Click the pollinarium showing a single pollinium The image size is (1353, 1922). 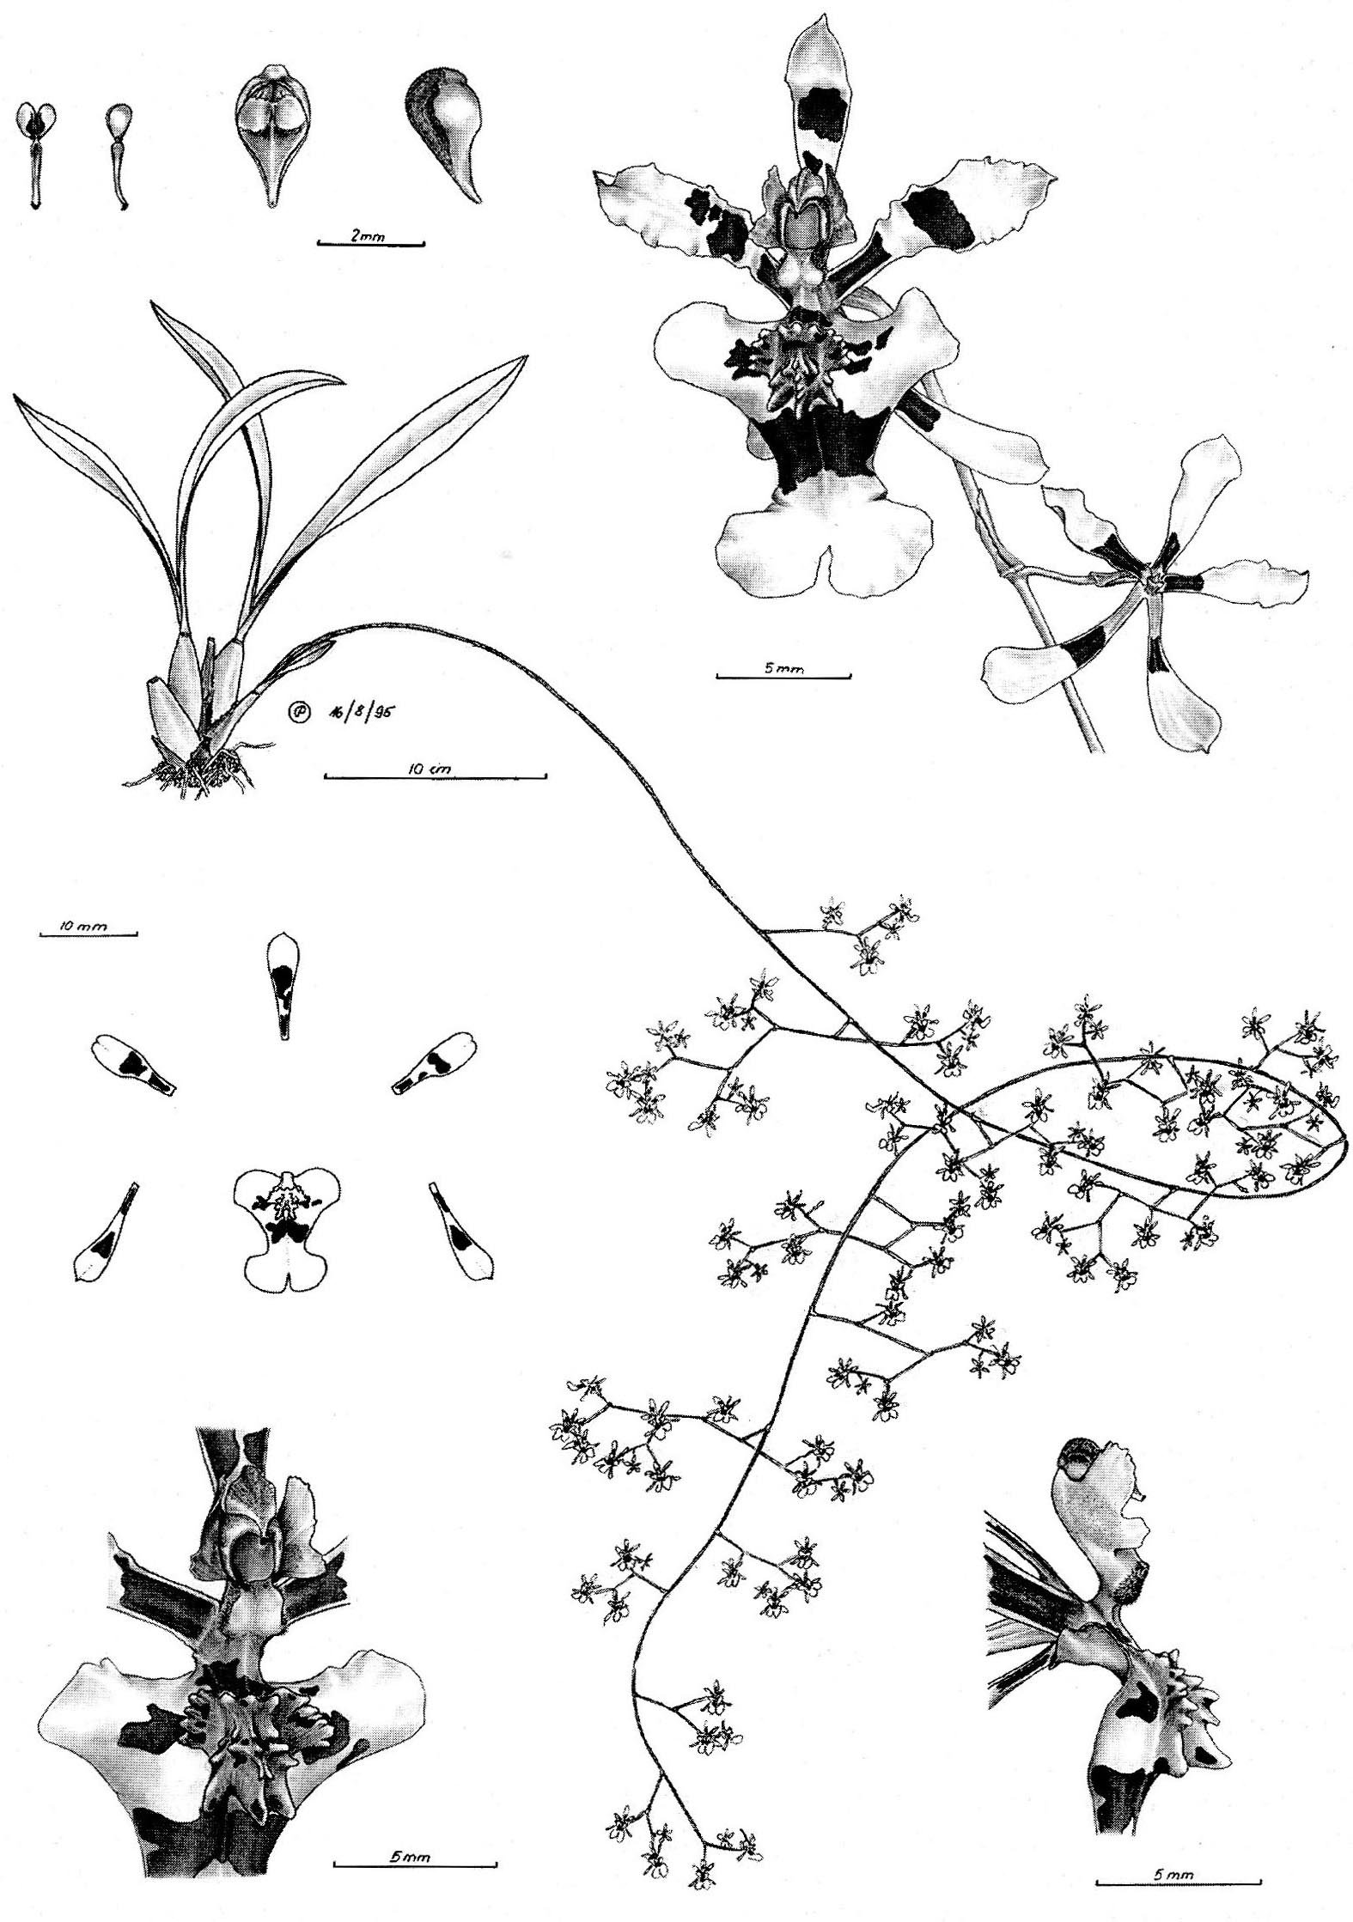119,155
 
